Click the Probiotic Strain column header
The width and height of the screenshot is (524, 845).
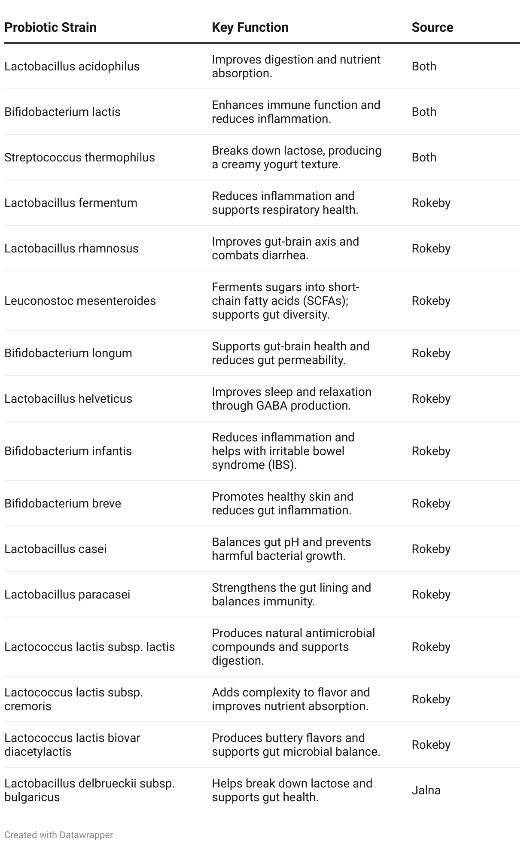pos(50,27)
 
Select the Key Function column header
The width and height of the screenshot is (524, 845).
pos(250,27)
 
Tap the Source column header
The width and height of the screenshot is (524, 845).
pos(432,27)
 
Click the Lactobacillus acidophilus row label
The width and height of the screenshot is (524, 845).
pos(72,67)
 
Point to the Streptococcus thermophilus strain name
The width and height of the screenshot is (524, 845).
pos(79,158)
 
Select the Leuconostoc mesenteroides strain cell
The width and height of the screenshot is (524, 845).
pos(80,301)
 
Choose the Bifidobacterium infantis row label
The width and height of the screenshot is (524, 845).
pos(68,451)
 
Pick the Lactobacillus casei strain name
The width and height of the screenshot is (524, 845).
pos(55,549)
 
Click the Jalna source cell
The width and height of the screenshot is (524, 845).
pos(426,790)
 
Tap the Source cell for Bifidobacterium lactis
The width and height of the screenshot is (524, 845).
pos(423,112)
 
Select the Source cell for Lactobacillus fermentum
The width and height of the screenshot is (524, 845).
pos(431,203)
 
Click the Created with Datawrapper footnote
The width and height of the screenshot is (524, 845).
pos(58,835)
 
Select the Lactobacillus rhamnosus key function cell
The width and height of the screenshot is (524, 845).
pos(285,249)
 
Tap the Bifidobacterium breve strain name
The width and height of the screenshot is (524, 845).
pos(63,504)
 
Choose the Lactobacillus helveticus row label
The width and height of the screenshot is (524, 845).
pos(68,399)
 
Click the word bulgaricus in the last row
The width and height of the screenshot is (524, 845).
pos(32,797)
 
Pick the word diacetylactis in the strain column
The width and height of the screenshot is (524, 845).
pos(38,752)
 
